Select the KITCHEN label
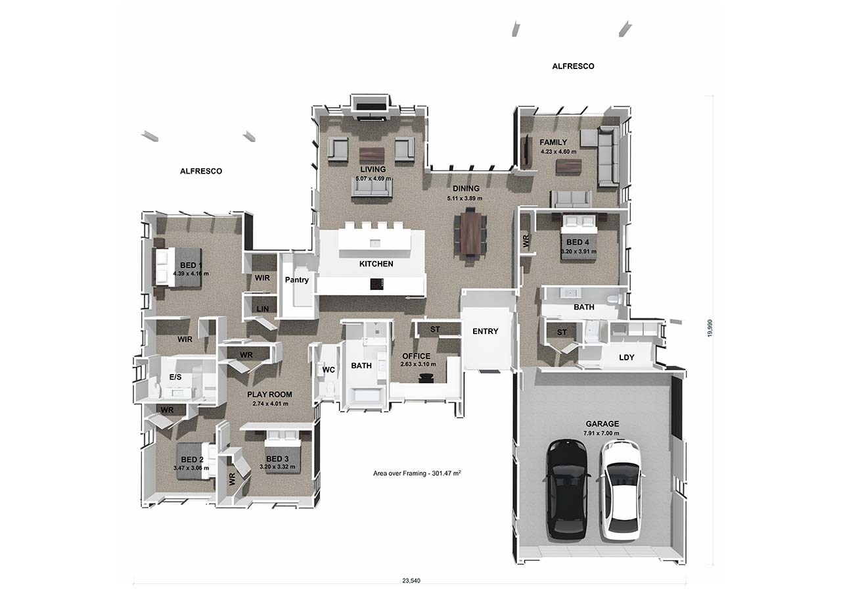click(376, 264)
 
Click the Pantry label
click(296, 280)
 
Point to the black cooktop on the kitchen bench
click(376, 284)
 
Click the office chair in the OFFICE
click(426, 377)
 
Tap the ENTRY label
click(485, 331)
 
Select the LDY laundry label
click(627, 358)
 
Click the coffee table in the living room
click(372, 155)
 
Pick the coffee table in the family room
click(568, 166)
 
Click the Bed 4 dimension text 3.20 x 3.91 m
click(578, 251)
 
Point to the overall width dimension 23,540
click(411, 581)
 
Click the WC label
click(329, 369)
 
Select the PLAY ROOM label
click(269, 394)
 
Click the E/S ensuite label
click(175, 377)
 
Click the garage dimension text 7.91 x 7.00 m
click(602, 433)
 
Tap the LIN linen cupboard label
click(262, 308)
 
